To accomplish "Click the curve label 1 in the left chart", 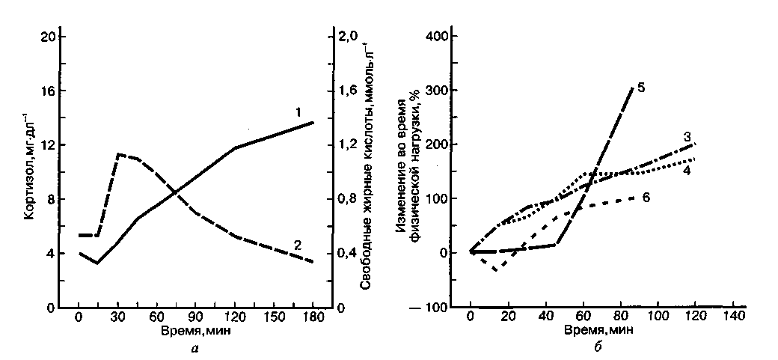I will point(297,112).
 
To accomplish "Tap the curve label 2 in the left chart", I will point(297,245).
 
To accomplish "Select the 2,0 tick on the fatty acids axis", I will point(349,37).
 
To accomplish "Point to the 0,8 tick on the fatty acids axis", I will point(349,199).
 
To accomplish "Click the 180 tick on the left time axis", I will point(313,317).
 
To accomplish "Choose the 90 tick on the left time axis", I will point(195,317).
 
